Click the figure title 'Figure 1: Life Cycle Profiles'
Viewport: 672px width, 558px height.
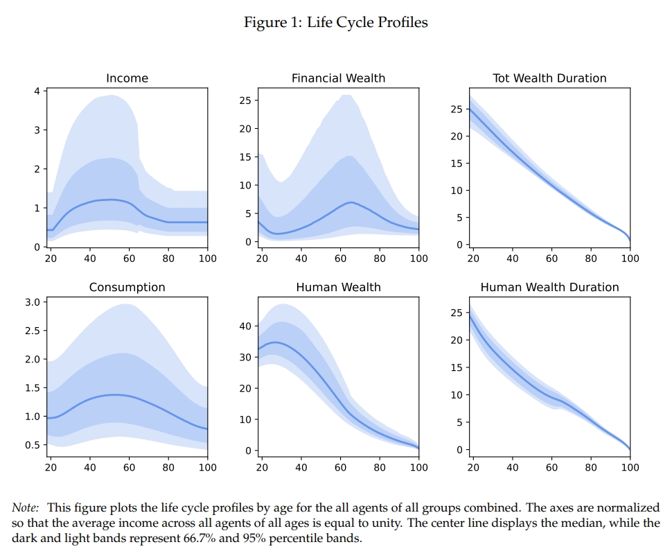click(x=335, y=22)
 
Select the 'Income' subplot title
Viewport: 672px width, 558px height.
click(x=127, y=78)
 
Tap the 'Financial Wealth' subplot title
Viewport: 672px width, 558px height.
click(x=338, y=78)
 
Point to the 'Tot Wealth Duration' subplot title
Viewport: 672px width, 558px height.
click(x=549, y=78)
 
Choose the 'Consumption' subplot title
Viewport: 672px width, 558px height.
click(x=127, y=287)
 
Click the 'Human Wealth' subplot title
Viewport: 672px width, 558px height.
click(x=338, y=287)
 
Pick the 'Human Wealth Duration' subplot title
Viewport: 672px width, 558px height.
click(x=549, y=287)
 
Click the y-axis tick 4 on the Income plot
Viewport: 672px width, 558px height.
click(x=38, y=91)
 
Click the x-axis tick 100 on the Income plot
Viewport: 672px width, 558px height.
click(x=207, y=259)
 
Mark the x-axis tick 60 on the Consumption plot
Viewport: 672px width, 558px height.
click(x=129, y=467)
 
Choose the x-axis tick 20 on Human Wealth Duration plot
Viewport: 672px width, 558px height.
click(x=473, y=467)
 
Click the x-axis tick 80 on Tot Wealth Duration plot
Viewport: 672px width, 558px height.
click(x=591, y=259)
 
